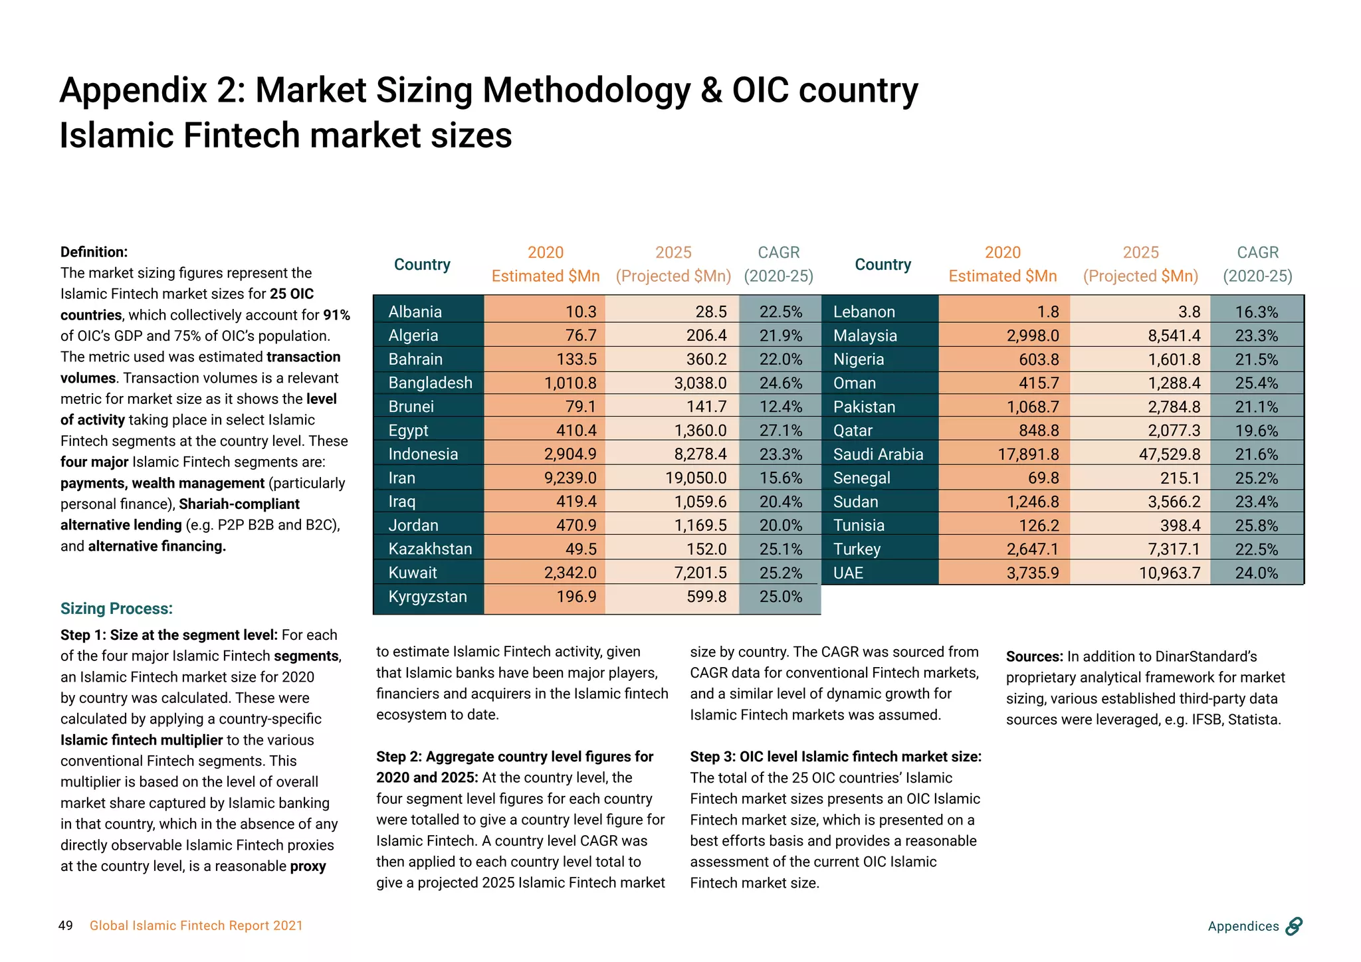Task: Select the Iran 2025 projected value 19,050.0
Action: pyautogui.click(x=696, y=478)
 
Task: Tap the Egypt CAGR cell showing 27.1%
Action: pyautogui.click(x=781, y=431)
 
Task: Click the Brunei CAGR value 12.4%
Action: pyautogui.click(x=781, y=407)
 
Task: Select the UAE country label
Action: pyautogui.click(x=848, y=573)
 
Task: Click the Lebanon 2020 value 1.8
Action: pyautogui.click(x=1048, y=312)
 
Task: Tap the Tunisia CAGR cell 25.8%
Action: pyautogui.click(x=1256, y=526)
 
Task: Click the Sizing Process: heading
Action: pyautogui.click(x=116, y=609)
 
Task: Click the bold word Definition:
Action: pyautogui.click(x=94, y=252)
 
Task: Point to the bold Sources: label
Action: pyautogui.click(x=1034, y=656)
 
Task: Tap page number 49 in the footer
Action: pyautogui.click(x=66, y=925)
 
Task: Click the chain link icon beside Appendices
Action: pyautogui.click(x=1293, y=925)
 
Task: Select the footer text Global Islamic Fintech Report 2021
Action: pyautogui.click(x=196, y=925)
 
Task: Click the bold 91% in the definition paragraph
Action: pyautogui.click(x=336, y=315)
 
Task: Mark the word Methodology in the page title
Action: pyautogui.click(x=586, y=90)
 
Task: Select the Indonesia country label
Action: pyautogui.click(x=423, y=454)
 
